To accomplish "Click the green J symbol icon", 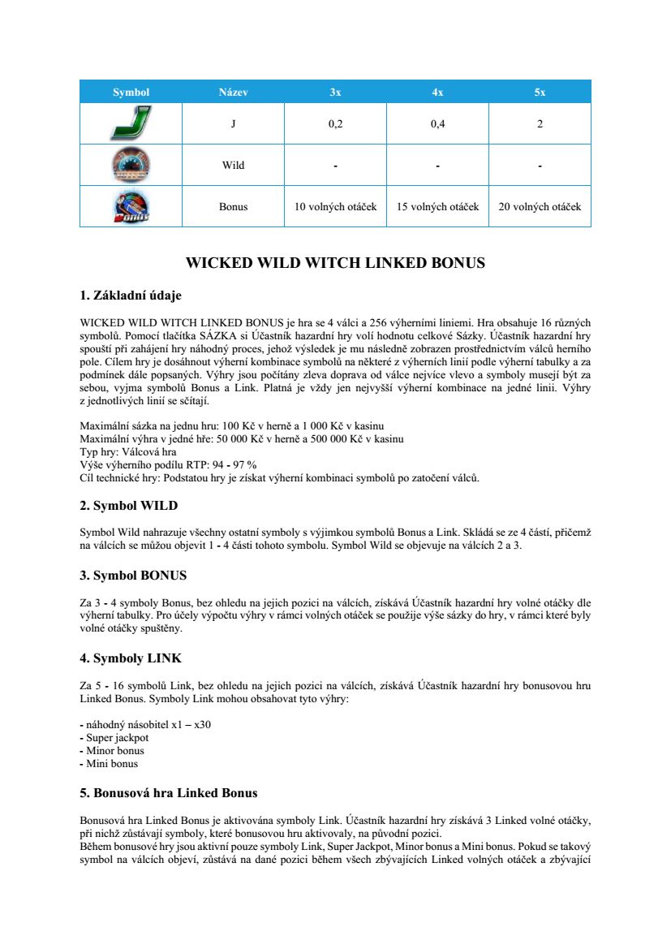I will click(x=131, y=123).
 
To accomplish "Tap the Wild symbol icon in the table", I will click(x=131, y=166).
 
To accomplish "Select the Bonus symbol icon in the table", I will click(x=131, y=206).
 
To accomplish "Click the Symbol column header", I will click(x=131, y=92).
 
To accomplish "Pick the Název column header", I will click(x=233, y=92).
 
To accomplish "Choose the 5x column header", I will click(x=540, y=92).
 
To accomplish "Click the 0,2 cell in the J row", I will click(x=335, y=124).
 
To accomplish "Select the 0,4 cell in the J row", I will click(x=437, y=124).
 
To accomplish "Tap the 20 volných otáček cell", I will click(x=540, y=207).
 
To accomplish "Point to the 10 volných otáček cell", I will click(x=335, y=207).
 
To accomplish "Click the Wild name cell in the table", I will click(x=233, y=166).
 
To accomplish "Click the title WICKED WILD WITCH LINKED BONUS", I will click(x=335, y=263).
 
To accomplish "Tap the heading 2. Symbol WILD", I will click(x=128, y=506).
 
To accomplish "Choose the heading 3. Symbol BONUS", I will click(x=133, y=576).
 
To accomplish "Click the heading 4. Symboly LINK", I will click(x=130, y=658).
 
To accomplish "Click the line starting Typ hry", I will click(x=128, y=452).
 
